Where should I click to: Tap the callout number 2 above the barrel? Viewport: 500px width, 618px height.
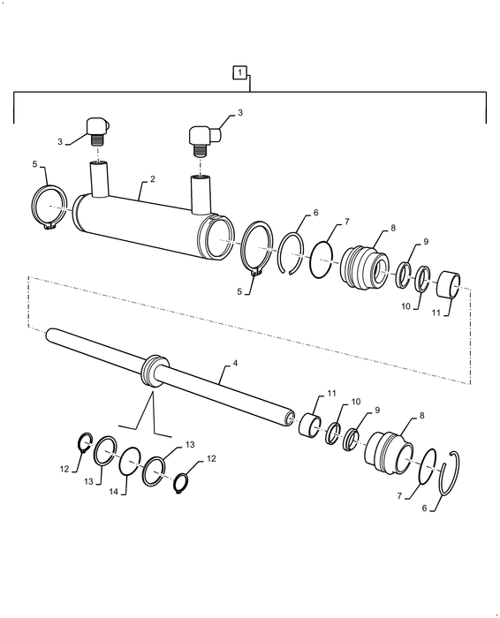pyautogui.click(x=153, y=179)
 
